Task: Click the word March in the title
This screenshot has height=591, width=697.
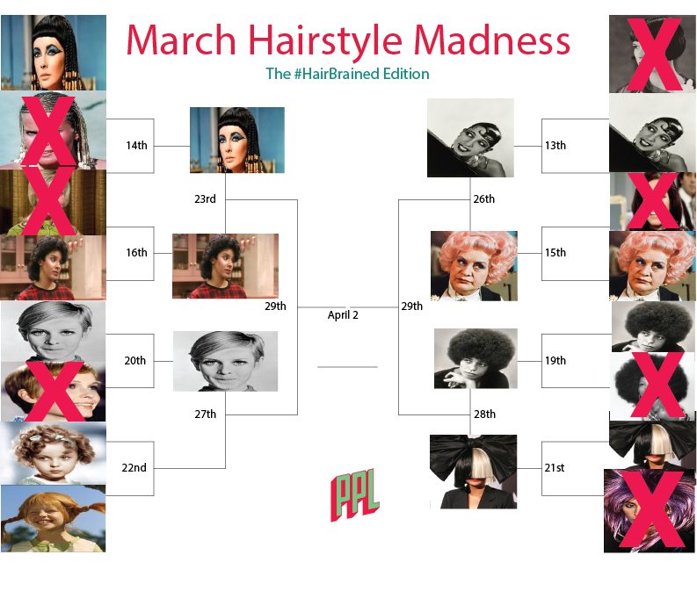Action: [x=181, y=40]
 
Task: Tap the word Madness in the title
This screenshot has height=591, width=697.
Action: [x=492, y=40]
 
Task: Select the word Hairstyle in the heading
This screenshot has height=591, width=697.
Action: [x=325, y=42]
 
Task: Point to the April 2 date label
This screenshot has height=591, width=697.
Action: [x=343, y=314]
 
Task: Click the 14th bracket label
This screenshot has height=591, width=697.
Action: [x=136, y=145]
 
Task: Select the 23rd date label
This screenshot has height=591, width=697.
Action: [x=205, y=198]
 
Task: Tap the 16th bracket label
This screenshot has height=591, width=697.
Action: [x=136, y=252]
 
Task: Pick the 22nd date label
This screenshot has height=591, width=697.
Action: [x=134, y=467]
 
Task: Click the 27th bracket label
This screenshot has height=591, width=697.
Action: [x=206, y=414]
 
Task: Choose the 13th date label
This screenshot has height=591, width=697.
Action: [x=555, y=145]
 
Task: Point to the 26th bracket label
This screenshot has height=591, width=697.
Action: [x=484, y=198]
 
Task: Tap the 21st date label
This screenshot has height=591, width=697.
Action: [x=555, y=467]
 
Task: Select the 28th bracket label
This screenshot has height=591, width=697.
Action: [x=484, y=414]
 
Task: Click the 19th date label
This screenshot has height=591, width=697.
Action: [x=555, y=360]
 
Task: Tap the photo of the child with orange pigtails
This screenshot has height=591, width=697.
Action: [x=53, y=518]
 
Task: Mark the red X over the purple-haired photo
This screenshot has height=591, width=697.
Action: [x=651, y=509]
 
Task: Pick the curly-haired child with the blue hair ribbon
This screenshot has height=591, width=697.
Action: [x=54, y=453]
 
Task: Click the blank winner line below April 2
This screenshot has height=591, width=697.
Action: [x=347, y=367]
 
